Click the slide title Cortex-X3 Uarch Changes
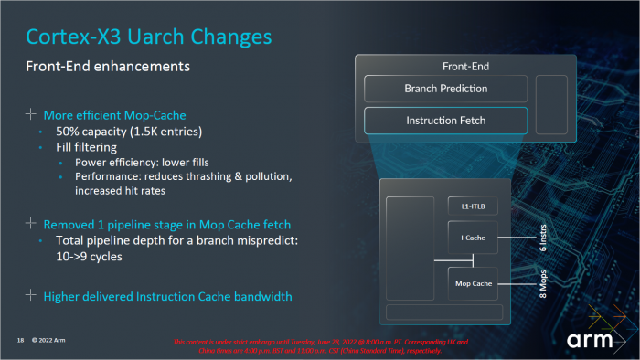click(x=149, y=37)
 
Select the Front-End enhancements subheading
click(x=107, y=67)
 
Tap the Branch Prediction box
click(x=445, y=89)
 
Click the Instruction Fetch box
click(x=445, y=121)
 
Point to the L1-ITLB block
click(x=472, y=206)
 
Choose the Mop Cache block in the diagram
click(x=473, y=283)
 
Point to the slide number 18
click(x=19, y=341)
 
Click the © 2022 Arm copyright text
click(x=48, y=341)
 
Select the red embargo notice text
click(x=320, y=344)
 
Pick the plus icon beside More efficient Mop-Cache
click(x=30, y=114)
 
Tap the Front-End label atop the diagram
click(x=465, y=66)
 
